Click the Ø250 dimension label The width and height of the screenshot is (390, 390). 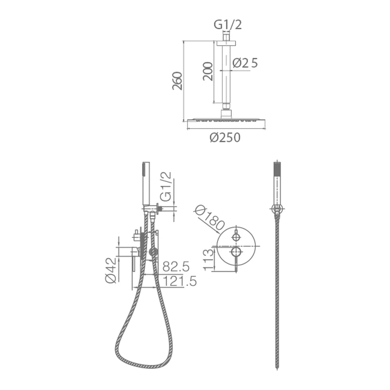(x=225, y=137)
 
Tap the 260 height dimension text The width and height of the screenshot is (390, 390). (x=177, y=81)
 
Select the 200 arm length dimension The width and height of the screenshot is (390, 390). (x=208, y=71)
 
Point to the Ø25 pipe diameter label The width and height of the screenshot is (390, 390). (x=245, y=63)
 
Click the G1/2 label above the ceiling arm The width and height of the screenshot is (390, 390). (x=228, y=25)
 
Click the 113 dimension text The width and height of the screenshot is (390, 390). (x=208, y=260)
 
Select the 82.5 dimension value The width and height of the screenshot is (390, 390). (x=176, y=266)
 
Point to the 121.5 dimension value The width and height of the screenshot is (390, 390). (x=179, y=281)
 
